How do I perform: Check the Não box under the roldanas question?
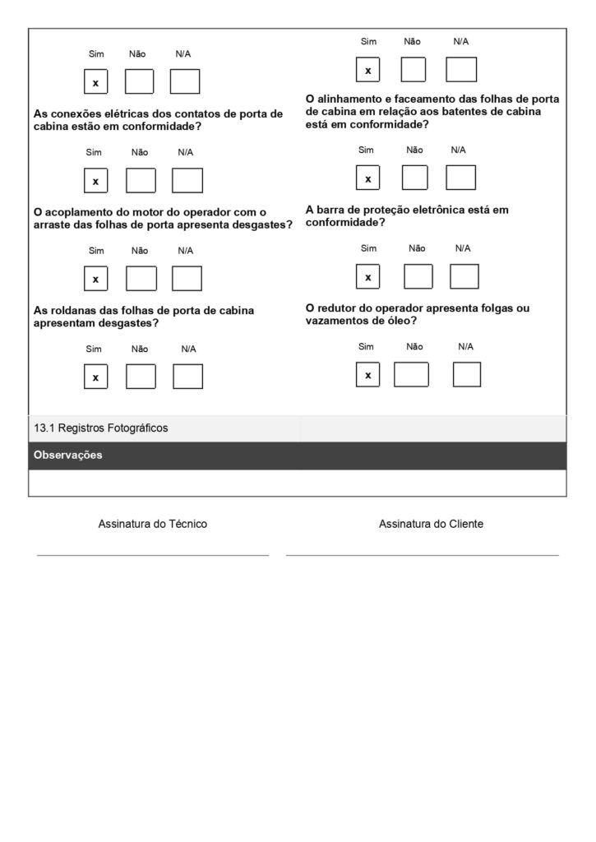coord(141,377)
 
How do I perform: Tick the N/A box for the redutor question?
coord(467,374)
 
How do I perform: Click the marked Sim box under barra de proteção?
coord(367,277)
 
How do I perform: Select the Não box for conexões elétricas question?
coord(141,180)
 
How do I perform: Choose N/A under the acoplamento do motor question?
coord(187,279)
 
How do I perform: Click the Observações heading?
coord(68,455)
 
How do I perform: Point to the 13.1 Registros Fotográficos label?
coord(101,428)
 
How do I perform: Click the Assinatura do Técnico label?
coord(153,524)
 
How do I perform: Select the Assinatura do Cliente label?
coord(431,524)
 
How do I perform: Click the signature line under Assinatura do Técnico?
coord(153,555)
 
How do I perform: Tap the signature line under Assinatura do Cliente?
coord(422,555)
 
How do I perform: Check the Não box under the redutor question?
coord(411,374)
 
